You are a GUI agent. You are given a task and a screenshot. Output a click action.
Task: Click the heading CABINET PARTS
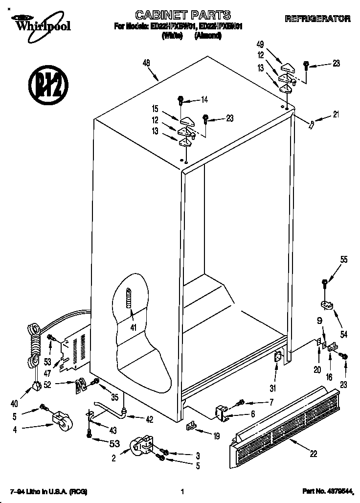[x=182, y=15]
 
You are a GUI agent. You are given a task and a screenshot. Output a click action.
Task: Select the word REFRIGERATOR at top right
[x=317, y=19]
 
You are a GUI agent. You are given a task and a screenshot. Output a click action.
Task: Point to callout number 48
[x=146, y=62]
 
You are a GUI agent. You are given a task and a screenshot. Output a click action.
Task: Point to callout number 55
[x=344, y=260]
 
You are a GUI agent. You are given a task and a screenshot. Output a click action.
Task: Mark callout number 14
[x=204, y=100]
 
